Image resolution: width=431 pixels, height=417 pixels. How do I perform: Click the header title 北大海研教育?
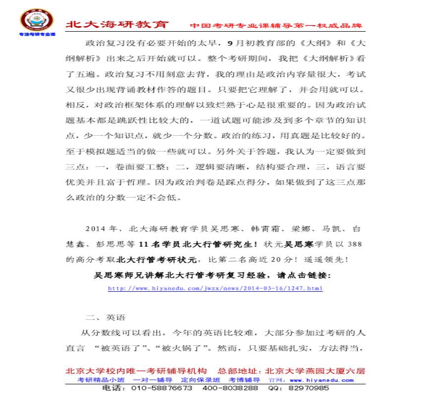(117, 25)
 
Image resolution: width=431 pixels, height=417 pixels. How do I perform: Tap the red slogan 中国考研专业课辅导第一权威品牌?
(276, 25)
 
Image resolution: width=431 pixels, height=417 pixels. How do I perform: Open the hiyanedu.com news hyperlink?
(215, 288)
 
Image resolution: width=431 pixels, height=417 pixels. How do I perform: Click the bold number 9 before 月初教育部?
(229, 43)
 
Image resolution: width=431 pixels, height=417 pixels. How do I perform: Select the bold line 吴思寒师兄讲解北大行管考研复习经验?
(212, 274)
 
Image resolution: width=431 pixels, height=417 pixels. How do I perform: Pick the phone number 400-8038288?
(230, 388)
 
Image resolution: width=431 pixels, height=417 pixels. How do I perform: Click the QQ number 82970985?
(308, 388)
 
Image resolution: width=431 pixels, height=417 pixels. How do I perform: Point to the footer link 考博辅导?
(244, 380)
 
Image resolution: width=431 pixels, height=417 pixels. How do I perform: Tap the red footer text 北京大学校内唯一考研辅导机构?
(136, 371)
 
